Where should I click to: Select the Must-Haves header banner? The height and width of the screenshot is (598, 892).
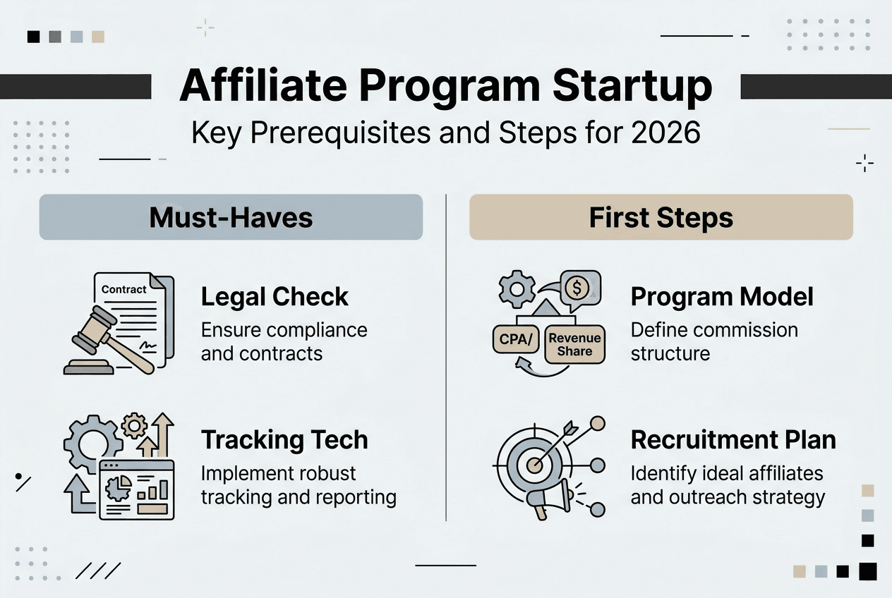(231, 217)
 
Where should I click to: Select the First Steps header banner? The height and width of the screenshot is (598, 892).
(661, 217)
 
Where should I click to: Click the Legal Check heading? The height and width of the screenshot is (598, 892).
(275, 297)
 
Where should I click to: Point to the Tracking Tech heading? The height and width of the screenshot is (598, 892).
(284, 440)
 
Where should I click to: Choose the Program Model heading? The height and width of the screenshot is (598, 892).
(722, 297)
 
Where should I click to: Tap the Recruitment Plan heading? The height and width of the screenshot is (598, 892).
(733, 440)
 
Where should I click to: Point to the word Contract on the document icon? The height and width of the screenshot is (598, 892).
(124, 289)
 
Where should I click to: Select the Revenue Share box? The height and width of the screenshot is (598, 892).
(574, 344)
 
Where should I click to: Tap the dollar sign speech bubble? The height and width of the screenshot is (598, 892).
(579, 287)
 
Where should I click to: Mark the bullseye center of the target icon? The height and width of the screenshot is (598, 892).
(535, 464)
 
